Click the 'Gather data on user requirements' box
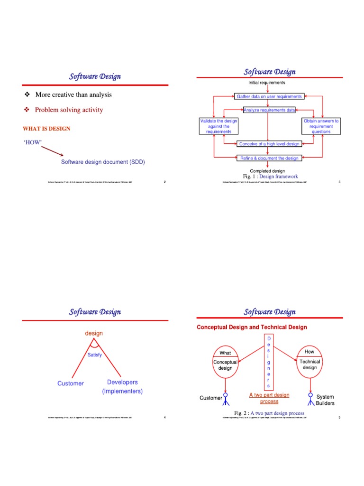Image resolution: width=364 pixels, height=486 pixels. [x=268, y=96]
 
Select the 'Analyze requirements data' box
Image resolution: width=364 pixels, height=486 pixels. [x=269, y=110]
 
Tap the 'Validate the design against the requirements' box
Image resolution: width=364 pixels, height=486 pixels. [x=218, y=126]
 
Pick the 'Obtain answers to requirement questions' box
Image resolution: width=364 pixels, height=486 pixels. [x=321, y=126]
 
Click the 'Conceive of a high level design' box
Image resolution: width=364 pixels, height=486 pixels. [x=268, y=144]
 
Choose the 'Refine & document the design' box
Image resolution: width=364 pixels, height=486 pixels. [x=268, y=158]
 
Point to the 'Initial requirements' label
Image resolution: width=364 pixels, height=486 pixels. [x=267, y=83]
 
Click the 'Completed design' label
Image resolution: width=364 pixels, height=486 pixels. [x=267, y=171]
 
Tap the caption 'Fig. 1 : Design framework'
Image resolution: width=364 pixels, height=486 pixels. [x=269, y=177]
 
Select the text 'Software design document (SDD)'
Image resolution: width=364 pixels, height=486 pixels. [x=103, y=162]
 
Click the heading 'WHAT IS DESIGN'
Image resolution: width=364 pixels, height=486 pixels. [x=46, y=129]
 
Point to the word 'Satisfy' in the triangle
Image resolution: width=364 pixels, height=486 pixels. [x=94, y=355]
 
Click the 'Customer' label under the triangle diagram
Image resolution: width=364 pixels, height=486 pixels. [x=71, y=383]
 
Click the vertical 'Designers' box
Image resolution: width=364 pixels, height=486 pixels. [x=268, y=362]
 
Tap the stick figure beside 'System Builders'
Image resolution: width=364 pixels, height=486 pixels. [x=310, y=399]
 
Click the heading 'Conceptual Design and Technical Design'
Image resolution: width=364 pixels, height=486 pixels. [x=252, y=327]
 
